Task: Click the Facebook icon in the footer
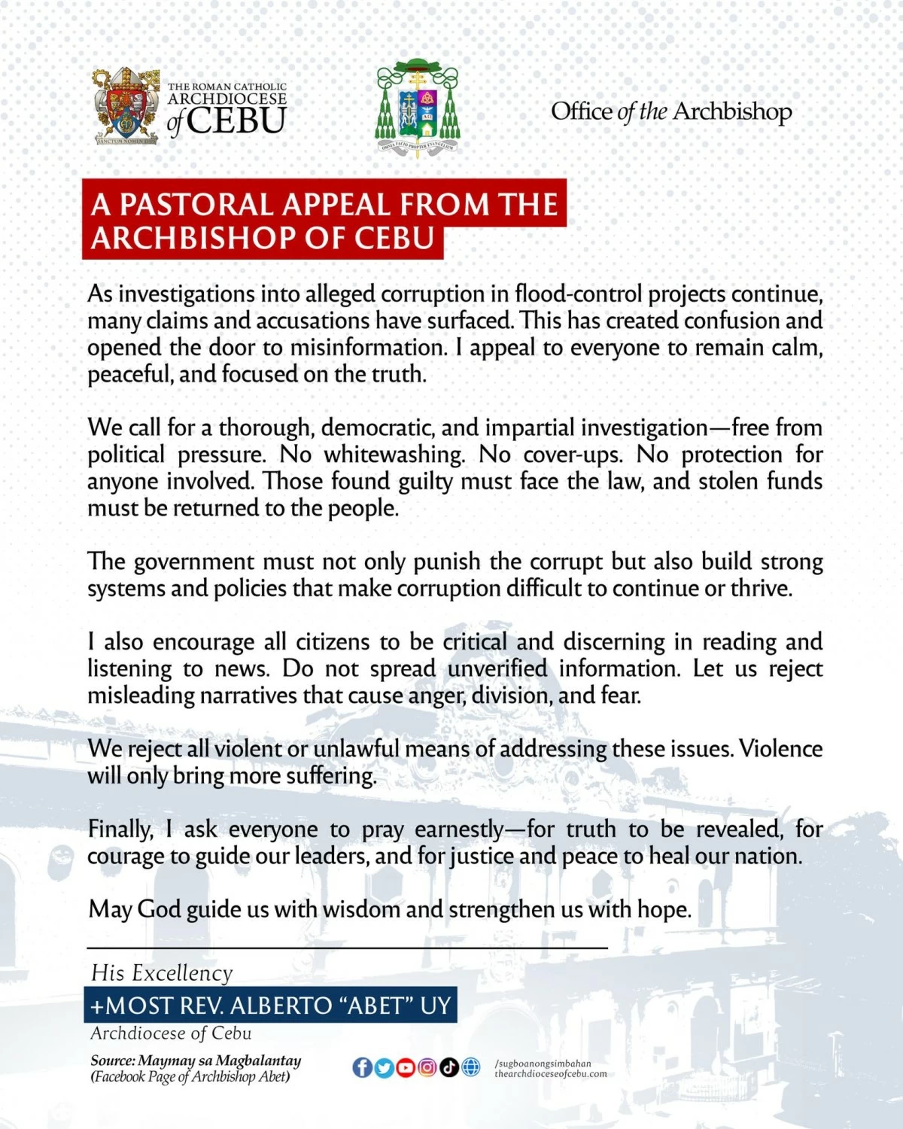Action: click(362, 1067)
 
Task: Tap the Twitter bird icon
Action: click(384, 1067)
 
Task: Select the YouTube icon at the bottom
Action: click(406, 1067)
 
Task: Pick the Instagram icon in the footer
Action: click(427, 1067)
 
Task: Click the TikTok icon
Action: click(449, 1067)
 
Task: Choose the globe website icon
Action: click(471, 1067)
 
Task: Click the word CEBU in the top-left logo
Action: click(236, 121)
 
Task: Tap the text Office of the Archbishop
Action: click(671, 111)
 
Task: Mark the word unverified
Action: click(497, 668)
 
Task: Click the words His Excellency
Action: click(162, 973)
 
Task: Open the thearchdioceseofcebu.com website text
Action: click(550, 1074)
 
